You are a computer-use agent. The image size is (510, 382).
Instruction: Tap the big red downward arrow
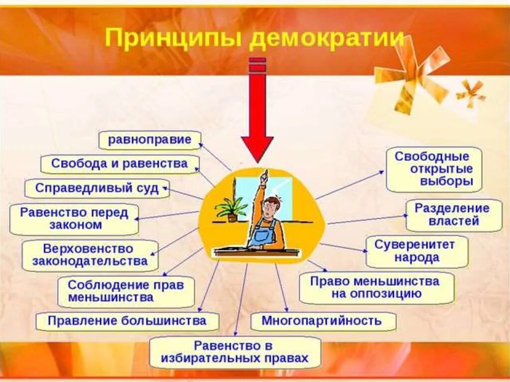(257, 115)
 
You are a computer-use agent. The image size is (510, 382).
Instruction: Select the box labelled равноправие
(149, 140)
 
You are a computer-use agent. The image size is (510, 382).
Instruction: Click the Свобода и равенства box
(120, 164)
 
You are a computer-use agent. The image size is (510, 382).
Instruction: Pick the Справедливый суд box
(97, 188)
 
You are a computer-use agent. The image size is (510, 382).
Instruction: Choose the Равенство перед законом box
(74, 219)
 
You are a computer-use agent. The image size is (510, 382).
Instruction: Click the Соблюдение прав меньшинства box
(126, 292)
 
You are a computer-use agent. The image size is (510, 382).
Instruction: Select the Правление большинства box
(127, 321)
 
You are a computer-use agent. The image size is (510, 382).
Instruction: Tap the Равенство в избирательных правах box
(235, 352)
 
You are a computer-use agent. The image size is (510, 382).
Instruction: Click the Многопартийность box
(322, 321)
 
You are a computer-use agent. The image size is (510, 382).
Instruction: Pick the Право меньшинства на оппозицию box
(376, 287)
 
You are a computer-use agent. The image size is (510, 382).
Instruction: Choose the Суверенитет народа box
(417, 252)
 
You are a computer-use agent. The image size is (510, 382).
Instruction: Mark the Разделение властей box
(453, 215)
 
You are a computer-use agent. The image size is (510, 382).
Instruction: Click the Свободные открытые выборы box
(434, 169)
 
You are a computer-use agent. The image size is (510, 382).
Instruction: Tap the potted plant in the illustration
(231, 209)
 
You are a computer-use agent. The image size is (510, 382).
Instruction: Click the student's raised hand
(265, 175)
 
